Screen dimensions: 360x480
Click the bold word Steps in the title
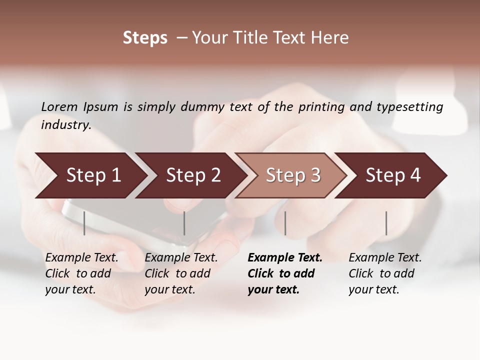(145, 38)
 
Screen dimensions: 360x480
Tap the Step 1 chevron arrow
(90, 175)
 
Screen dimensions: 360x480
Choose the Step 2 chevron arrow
(190, 175)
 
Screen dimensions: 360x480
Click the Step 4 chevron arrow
(390, 175)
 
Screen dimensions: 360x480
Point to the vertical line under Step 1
(84, 223)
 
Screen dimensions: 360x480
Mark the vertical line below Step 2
(184, 223)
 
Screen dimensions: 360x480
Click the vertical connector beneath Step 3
(285, 223)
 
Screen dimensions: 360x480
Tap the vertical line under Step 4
(386, 223)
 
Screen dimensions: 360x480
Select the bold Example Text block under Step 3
(285, 273)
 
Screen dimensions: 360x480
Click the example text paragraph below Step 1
(81, 273)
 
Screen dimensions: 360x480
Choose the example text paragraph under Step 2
(181, 273)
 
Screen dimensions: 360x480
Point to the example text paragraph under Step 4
(385, 273)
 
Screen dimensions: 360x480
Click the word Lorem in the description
(59, 106)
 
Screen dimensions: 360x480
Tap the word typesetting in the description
(409, 106)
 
